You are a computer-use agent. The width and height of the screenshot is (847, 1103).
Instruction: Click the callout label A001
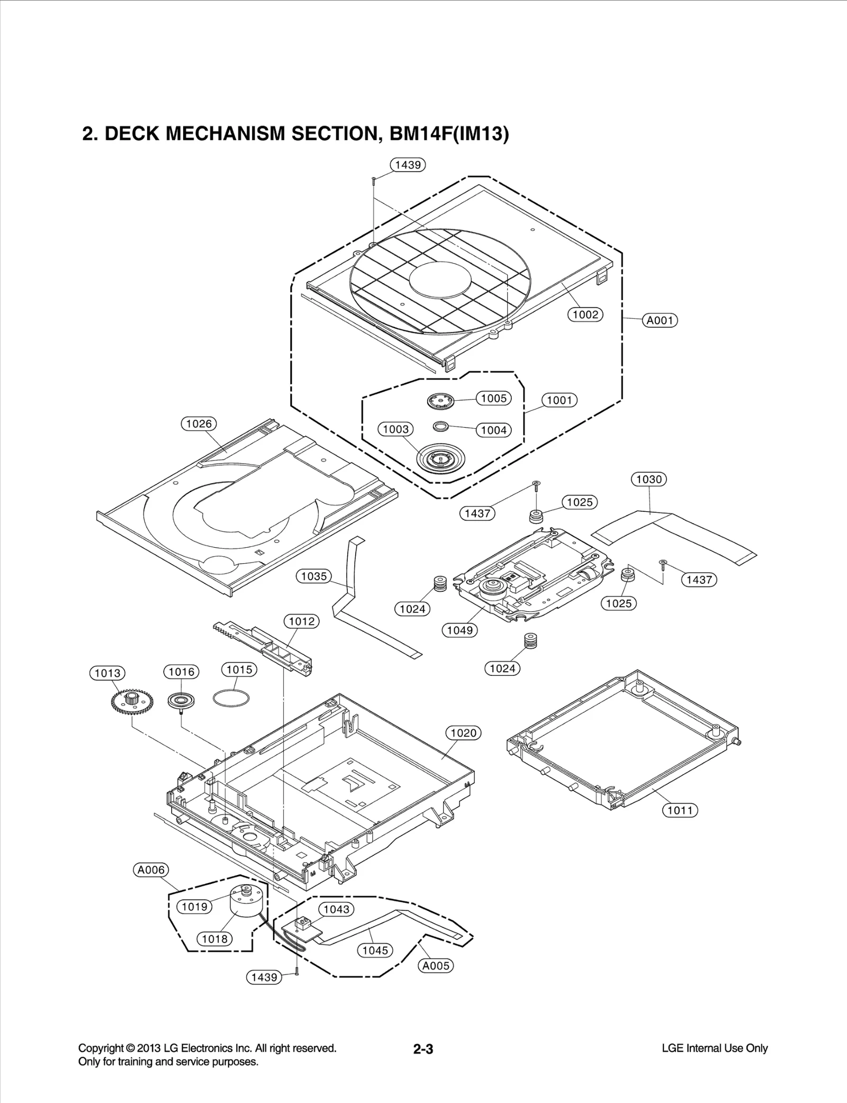(x=660, y=320)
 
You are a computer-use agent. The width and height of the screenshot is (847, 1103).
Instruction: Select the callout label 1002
(x=585, y=314)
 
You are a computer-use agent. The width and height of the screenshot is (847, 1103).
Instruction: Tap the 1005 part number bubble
(x=493, y=398)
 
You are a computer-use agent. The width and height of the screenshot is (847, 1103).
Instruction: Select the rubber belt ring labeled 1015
(x=231, y=698)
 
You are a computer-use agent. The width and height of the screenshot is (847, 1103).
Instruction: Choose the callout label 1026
(x=199, y=423)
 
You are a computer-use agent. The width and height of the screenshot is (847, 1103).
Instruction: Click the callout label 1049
(x=459, y=630)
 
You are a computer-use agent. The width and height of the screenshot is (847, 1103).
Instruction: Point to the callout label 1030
(x=648, y=479)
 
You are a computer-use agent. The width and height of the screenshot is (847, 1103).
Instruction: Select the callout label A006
(x=151, y=870)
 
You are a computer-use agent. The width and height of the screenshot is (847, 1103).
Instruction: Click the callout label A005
(x=436, y=965)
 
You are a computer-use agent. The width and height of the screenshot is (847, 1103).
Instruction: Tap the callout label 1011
(x=680, y=810)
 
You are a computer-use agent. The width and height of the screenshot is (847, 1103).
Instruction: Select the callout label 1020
(x=463, y=733)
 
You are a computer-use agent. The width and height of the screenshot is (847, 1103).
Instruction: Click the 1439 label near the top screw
(x=408, y=165)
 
